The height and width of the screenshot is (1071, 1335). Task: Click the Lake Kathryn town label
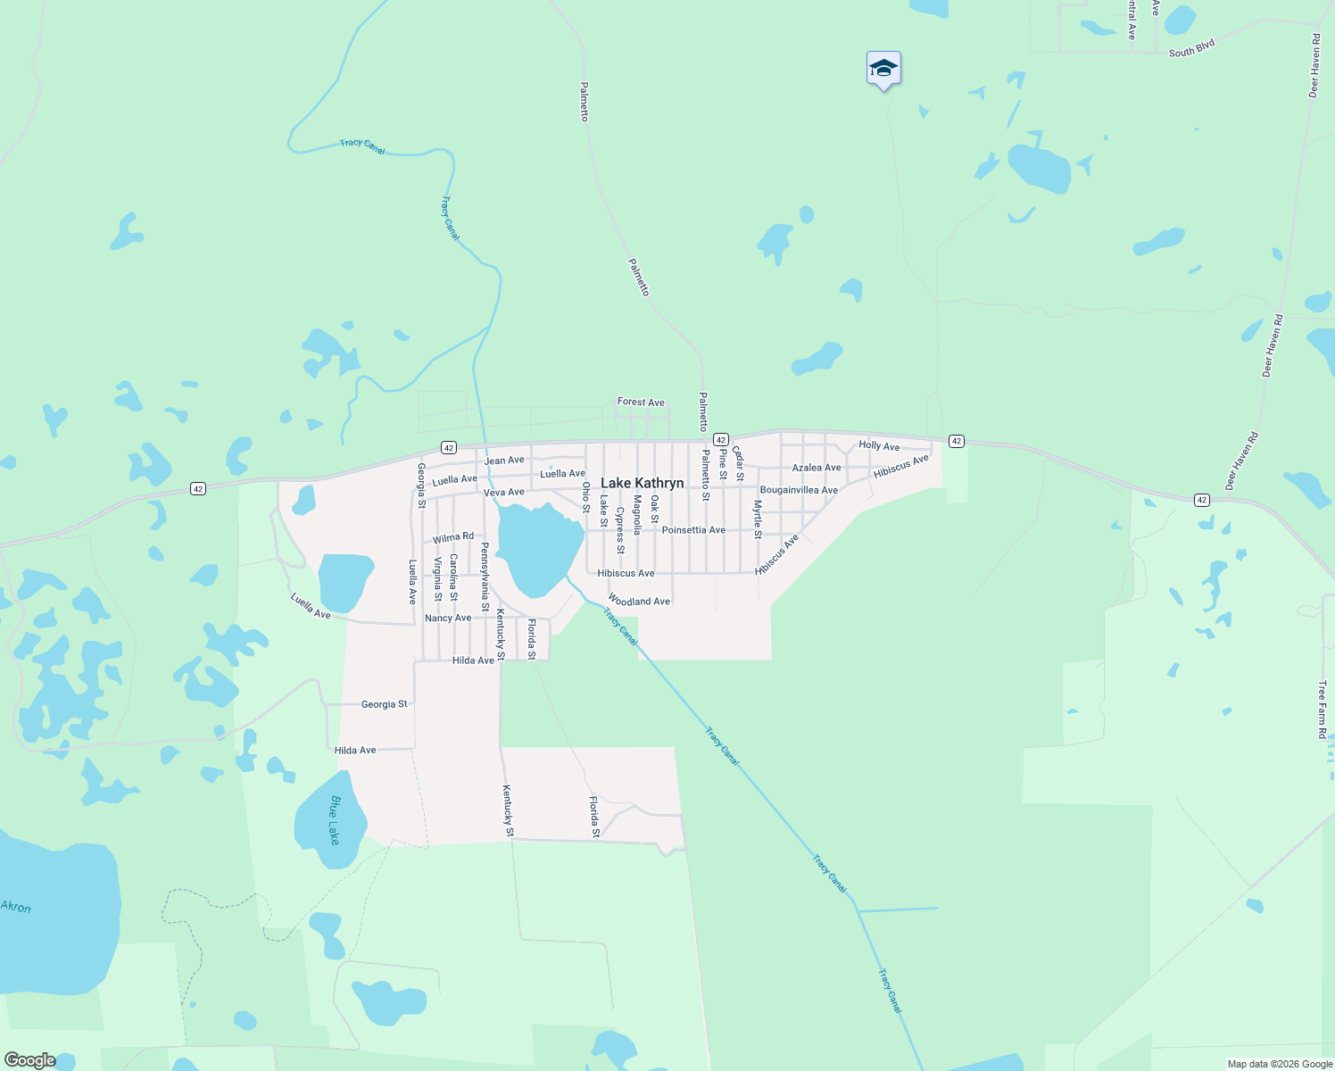[x=642, y=483]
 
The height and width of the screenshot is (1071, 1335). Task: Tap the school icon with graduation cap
[x=883, y=69]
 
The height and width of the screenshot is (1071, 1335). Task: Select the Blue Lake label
[x=335, y=819]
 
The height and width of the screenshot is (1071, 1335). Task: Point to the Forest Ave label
[x=641, y=402]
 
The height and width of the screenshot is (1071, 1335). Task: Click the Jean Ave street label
[x=504, y=461]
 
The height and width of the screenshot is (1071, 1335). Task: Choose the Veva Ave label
[x=503, y=492]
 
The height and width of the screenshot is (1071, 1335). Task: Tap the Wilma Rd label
[x=453, y=537]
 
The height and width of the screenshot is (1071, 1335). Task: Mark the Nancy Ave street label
[x=448, y=618]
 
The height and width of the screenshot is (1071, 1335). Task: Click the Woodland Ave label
[x=639, y=601]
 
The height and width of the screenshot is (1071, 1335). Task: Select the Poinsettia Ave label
[x=693, y=530]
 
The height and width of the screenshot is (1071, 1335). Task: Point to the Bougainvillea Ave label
[x=799, y=490]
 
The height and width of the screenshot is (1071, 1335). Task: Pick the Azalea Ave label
[x=817, y=468]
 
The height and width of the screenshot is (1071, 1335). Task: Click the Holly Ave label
[x=879, y=445]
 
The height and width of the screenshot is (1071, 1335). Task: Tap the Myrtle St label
[x=758, y=519]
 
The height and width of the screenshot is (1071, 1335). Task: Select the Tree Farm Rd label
[x=1323, y=710]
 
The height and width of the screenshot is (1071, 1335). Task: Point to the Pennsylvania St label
[x=485, y=577]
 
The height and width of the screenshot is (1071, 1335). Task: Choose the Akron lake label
[x=16, y=907]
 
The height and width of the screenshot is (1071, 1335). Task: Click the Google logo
[x=29, y=1060]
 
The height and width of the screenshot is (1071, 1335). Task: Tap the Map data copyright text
[x=1280, y=1064]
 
